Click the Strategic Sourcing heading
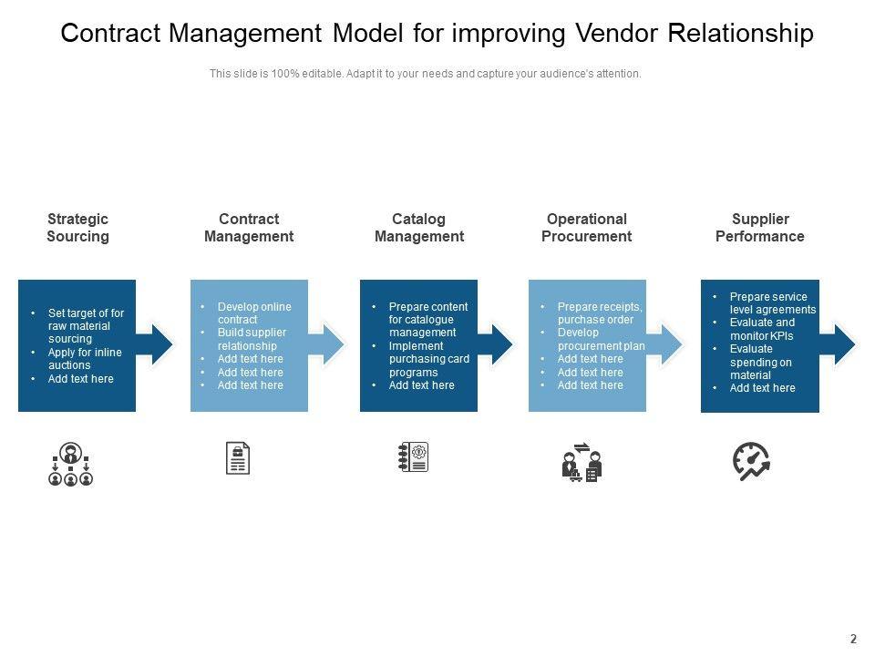click(x=77, y=228)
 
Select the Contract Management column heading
click(x=249, y=228)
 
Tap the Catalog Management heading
click(x=419, y=228)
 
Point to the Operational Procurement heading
click(x=586, y=228)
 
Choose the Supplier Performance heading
click(x=759, y=228)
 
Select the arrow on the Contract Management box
click(x=328, y=344)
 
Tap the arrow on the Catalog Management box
click(x=498, y=344)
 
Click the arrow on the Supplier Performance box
click(x=839, y=344)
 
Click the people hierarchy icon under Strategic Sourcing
click(x=71, y=464)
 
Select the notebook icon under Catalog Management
click(x=414, y=457)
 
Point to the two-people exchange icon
click(x=582, y=462)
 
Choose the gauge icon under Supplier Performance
click(x=752, y=461)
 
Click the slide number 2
click(x=853, y=640)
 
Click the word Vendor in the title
click(x=618, y=34)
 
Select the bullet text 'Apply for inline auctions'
click(x=85, y=359)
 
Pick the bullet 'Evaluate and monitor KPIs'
click(x=763, y=329)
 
